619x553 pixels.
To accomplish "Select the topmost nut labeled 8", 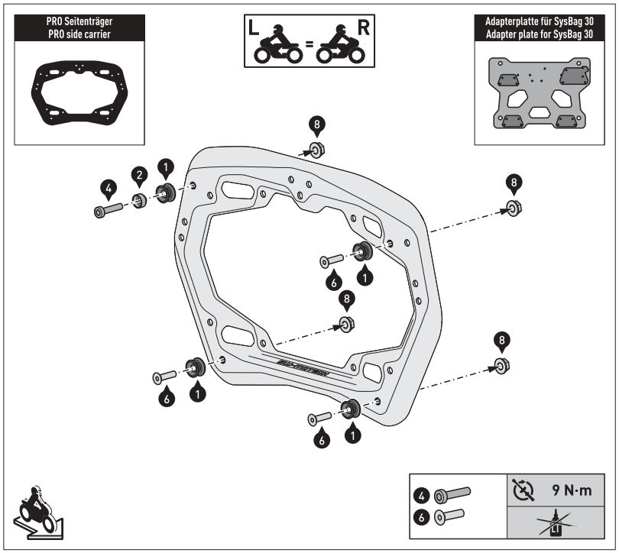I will (315, 147).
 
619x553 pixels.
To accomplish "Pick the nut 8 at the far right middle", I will (514, 206).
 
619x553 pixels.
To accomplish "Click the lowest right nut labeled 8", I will (500, 365).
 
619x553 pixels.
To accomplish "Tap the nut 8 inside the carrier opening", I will (346, 323).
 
